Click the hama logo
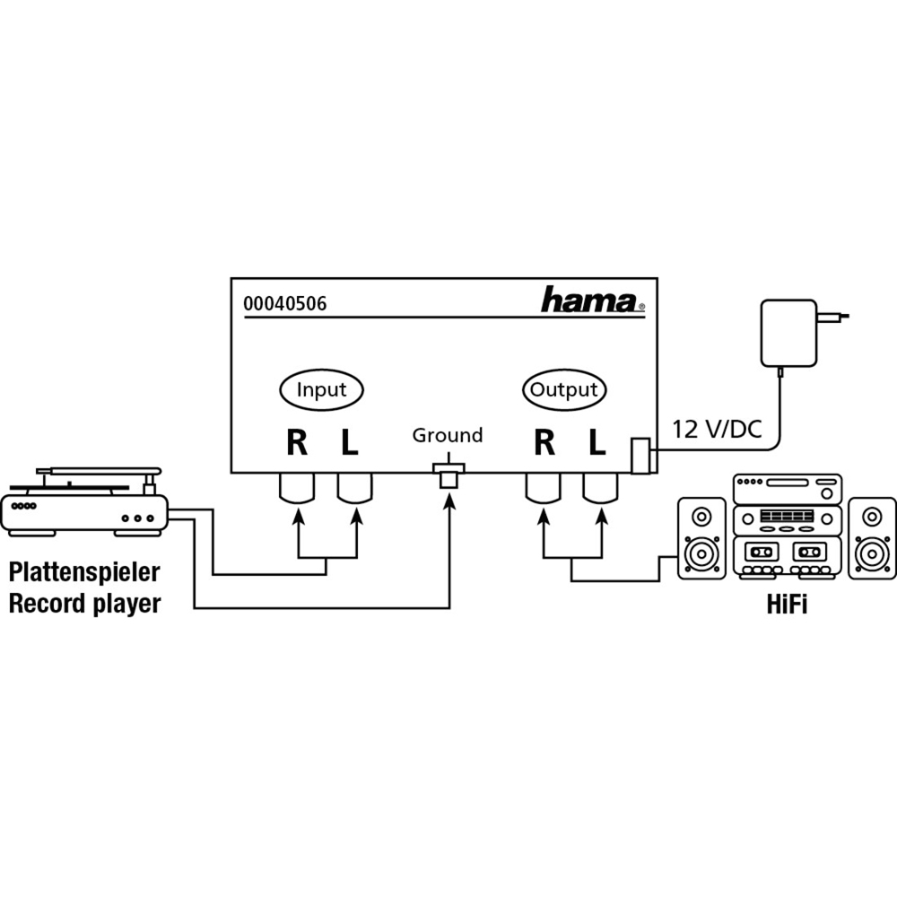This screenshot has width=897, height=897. [593, 300]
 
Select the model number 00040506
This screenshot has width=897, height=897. [285, 303]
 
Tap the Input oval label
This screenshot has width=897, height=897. [321, 389]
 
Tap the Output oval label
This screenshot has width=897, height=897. [564, 389]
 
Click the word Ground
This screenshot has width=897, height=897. [448, 435]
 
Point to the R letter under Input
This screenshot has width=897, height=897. [297, 442]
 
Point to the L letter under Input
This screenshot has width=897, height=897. [350, 442]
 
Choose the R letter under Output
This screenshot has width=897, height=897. [544, 442]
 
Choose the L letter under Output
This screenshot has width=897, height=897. [597, 442]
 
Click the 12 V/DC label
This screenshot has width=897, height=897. [717, 429]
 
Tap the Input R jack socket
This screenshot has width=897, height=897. [297, 488]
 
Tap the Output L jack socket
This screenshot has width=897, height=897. [600, 488]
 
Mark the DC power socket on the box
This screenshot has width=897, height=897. [640, 456]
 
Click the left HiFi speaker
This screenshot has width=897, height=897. [701, 537]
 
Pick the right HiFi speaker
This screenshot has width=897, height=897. [872, 537]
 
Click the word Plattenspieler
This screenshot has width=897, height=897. [84, 572]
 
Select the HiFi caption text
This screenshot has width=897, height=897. [787, 604]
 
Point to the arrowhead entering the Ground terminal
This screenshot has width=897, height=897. [449, 501]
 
